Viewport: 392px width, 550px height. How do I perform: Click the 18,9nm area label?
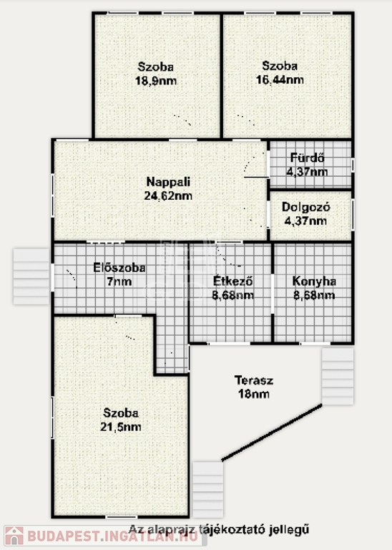tap(156, 81)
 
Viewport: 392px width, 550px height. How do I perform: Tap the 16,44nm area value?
tap(280, 80)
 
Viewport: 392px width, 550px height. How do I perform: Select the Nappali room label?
tap(168, 182)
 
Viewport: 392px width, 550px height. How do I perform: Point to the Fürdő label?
tap(307, 158)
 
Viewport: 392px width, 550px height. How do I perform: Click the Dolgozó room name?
tap(306, 207)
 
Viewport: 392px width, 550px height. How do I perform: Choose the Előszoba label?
tap(119, 268)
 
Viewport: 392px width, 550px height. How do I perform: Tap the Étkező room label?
tap(233, 281)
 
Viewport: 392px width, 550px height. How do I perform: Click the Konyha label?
tap(314, 281)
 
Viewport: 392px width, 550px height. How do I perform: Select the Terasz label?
tap(254, 380)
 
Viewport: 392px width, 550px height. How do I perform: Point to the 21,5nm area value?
tap(121, 427)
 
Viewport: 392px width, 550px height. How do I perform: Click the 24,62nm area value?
tap(168, 196)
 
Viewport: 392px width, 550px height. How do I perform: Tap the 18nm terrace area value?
tap(254, 394)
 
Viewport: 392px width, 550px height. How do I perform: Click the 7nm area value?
tap(119, 281)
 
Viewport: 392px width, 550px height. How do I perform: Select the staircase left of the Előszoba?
tap(31, 276)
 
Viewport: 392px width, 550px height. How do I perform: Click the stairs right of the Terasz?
tap(338, 376)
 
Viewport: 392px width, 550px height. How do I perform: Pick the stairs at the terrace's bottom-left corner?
tap(208, 489)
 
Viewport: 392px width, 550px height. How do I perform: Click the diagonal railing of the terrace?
tap(272, 433)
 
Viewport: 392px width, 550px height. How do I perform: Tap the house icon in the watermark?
tap(14, 536)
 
